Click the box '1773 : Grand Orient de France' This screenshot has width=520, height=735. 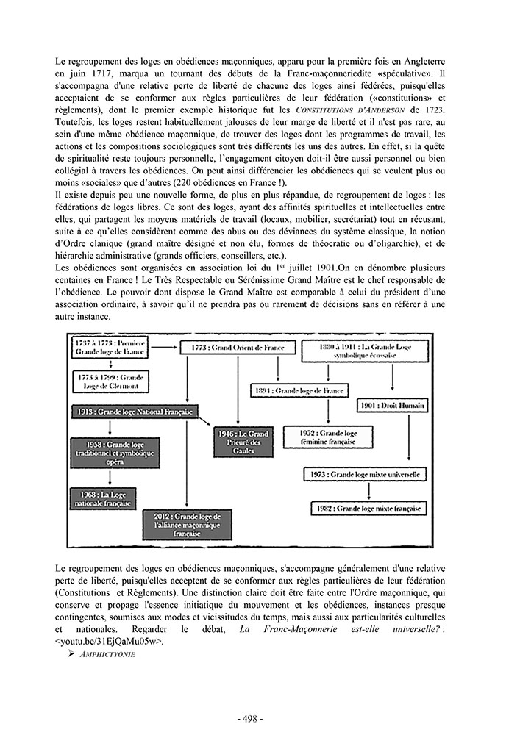coord(235,348)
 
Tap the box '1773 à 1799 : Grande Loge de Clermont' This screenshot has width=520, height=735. coord(108,381)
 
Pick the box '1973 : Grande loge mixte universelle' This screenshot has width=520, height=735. coord(364,475)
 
